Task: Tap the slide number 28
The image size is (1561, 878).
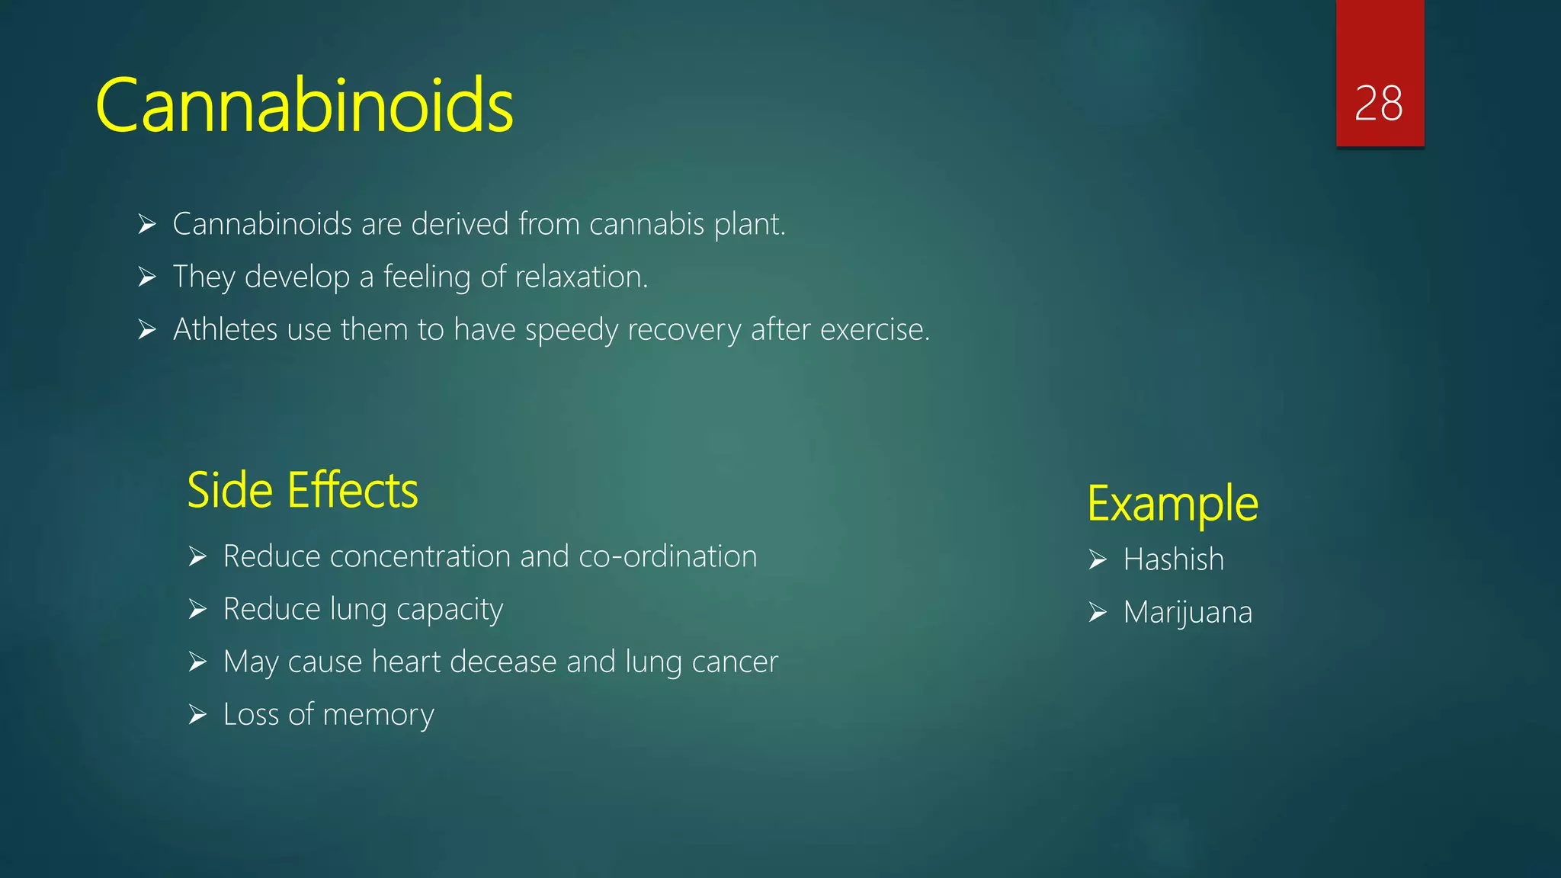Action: click(x=1378, y=103)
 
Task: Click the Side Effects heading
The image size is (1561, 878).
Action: click(x=302, y=490)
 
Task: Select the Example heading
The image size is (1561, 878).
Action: click(x=1172, y=504)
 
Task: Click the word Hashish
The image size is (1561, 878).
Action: click(x=1173, y=559)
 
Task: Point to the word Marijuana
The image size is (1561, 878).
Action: click(x=1187, y=612)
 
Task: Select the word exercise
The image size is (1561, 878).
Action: click(x=873, y=329)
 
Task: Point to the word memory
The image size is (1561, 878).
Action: click(x=378, y=715)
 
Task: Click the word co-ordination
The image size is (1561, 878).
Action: click(x=668, y=556)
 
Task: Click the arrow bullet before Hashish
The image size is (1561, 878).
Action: click(x=1098, y=560)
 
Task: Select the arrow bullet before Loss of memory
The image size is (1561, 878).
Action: click(x=197, y=715)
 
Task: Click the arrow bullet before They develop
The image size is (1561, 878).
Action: click(x=147, y=277)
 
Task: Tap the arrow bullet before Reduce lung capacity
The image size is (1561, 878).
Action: click(x=197, y=610)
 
